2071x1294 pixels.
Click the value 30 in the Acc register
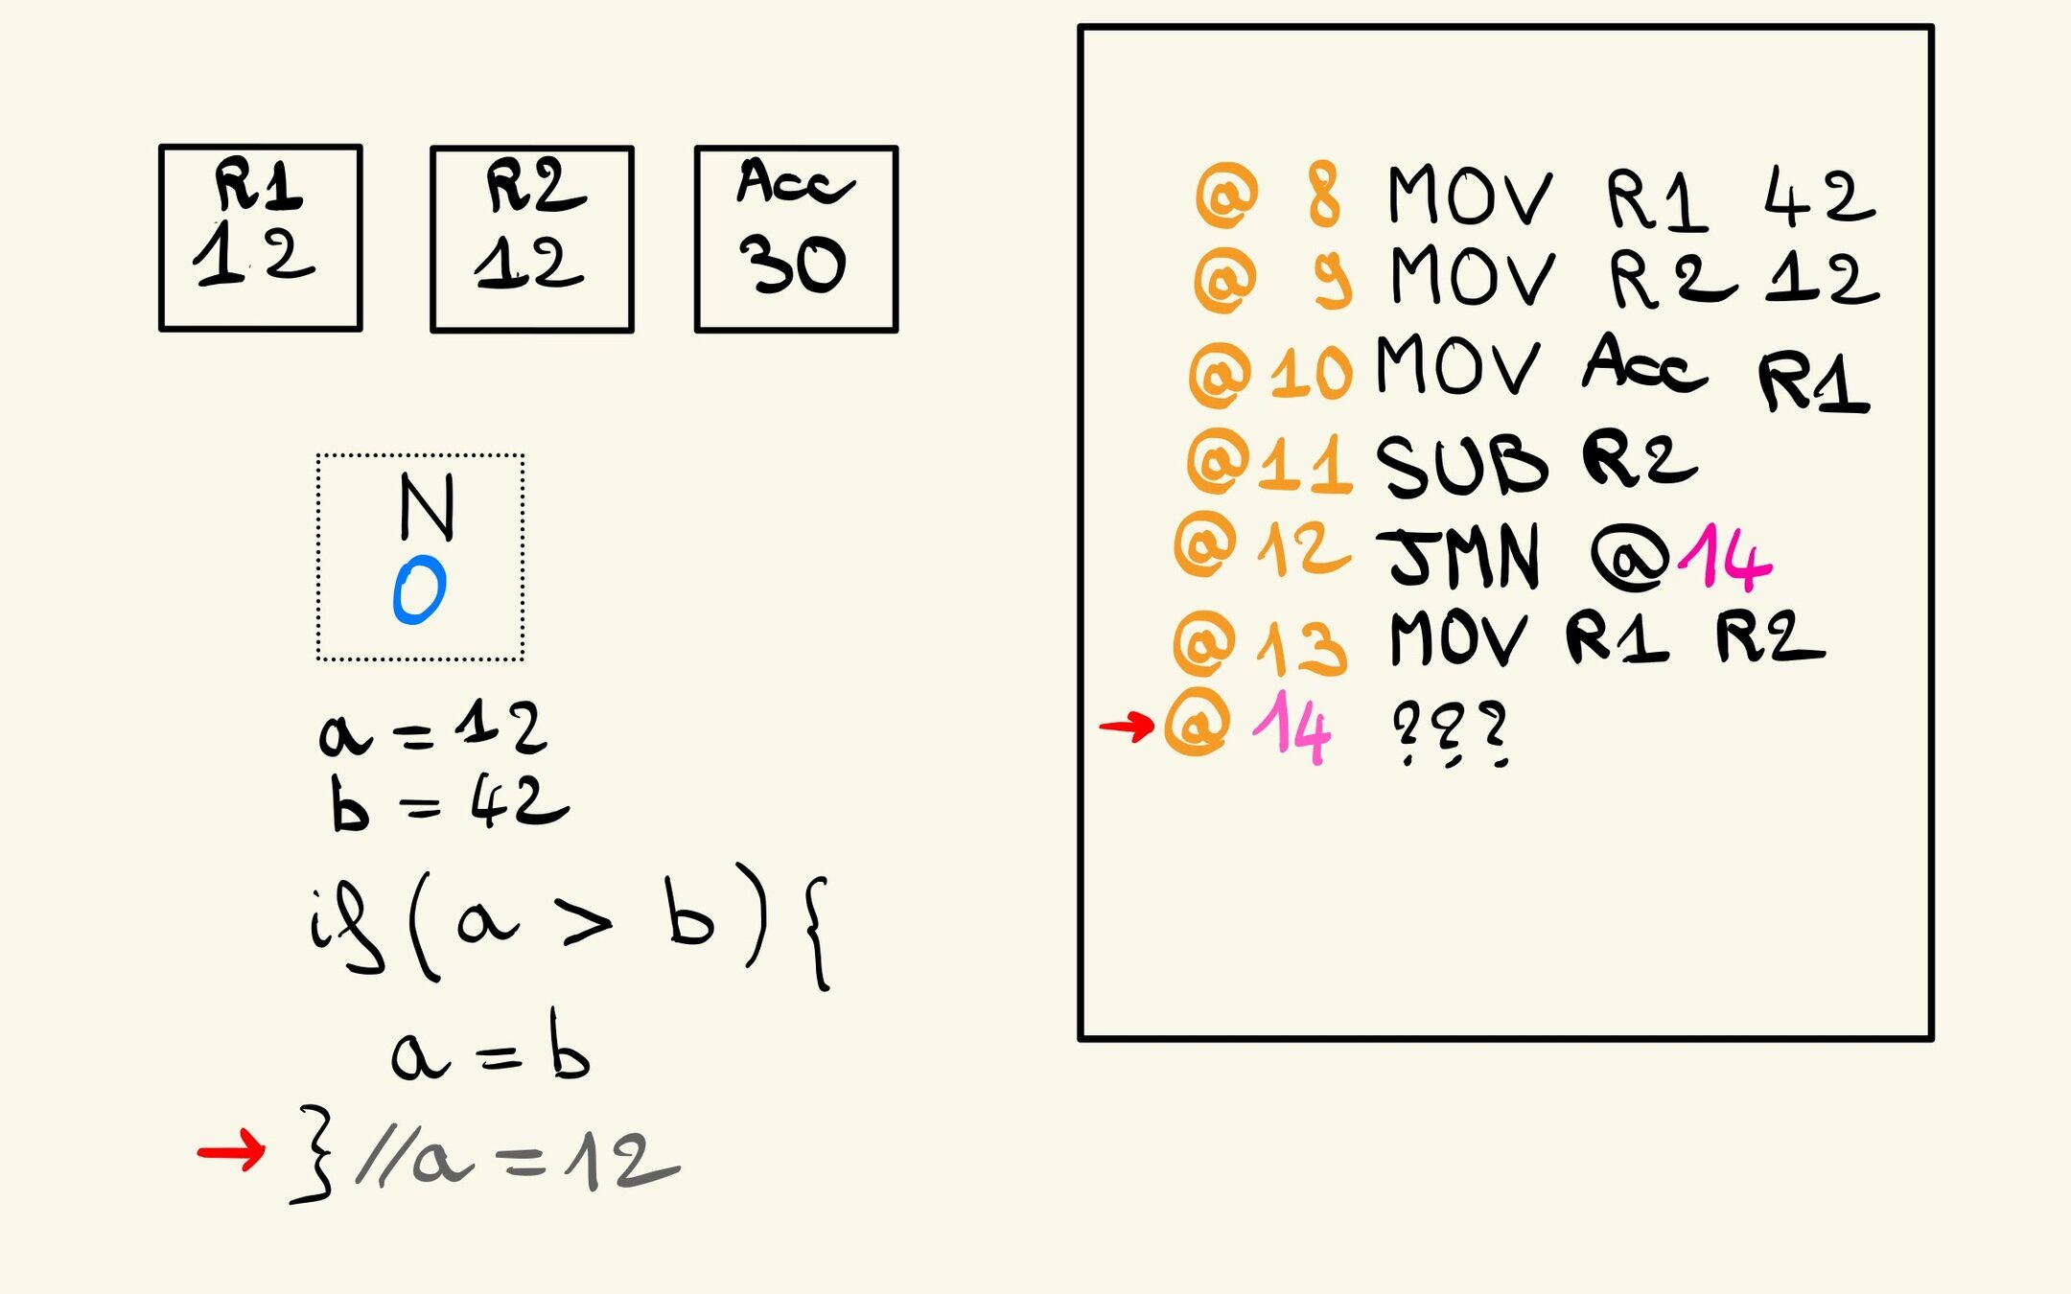tap(792, 265)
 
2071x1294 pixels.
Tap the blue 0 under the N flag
tap(420, 590)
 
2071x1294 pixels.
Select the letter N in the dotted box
tap(426, 507)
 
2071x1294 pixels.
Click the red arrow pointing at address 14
tap(1126, 727)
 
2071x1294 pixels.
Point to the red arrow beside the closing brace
tap(230, 1150)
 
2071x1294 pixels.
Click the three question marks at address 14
tap(1450, 733)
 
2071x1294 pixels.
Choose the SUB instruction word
tap(1461, 466)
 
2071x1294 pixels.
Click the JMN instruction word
tap(1463, 556)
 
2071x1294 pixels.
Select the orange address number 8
tap(1324, 196)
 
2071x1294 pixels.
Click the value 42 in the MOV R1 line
tap(1819, 197)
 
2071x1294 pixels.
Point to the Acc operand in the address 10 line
tap(1643, 364)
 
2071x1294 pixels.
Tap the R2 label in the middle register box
tap(534, 186)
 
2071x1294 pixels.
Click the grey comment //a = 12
tap(518, 1161)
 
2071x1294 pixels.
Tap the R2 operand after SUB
tap(1639, 460)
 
